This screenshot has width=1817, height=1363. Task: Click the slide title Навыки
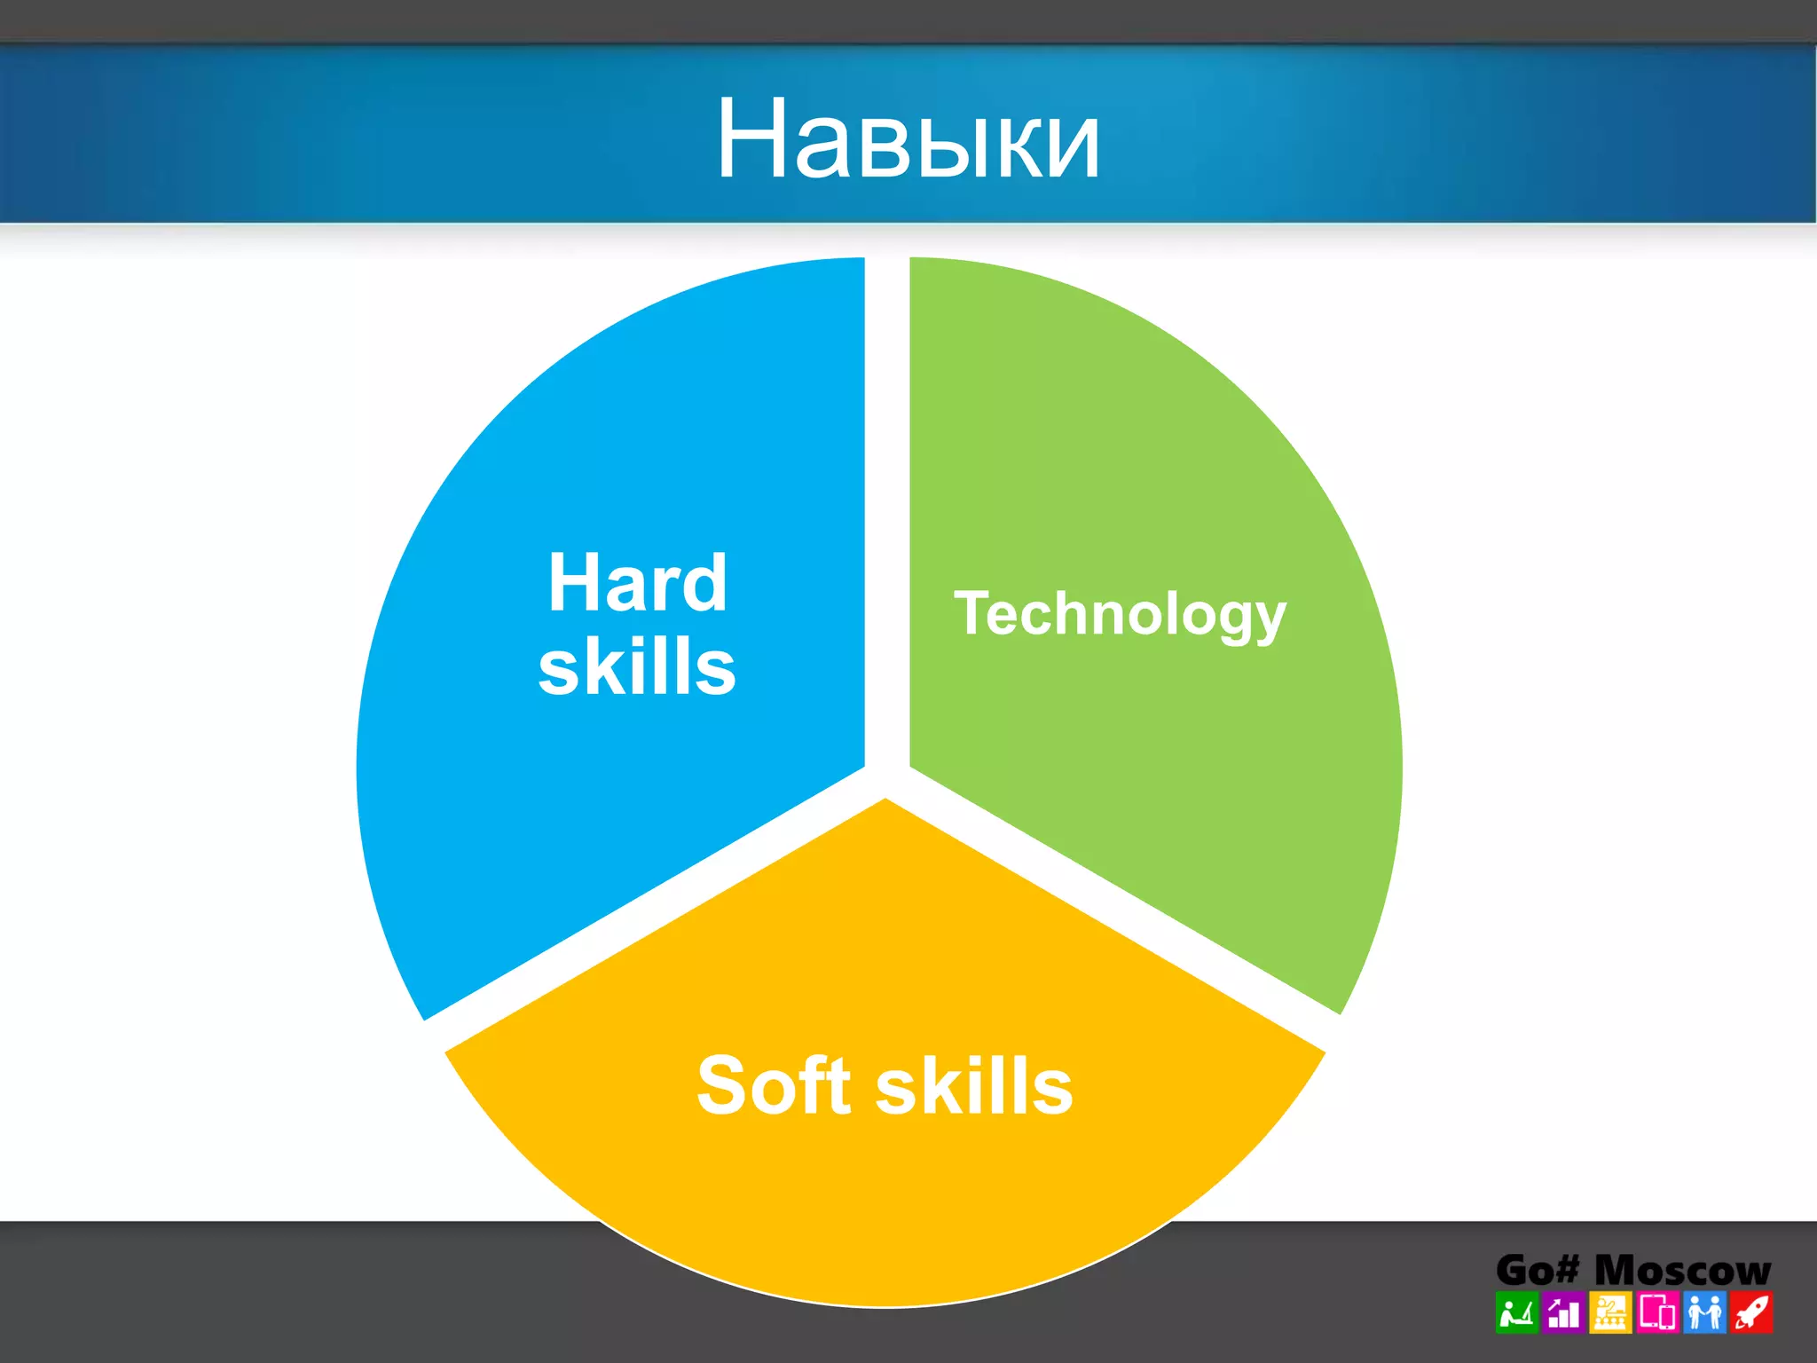click(x=908, y=140)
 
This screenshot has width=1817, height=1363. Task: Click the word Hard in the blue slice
click(x=637, y=583)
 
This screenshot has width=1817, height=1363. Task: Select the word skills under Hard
click(x=637, y=666)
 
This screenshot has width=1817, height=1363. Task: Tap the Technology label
click(x=1120, y=614)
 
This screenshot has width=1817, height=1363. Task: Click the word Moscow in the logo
click(x=1682, y=1271)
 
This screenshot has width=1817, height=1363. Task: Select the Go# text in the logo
click(x=1537, y=1271)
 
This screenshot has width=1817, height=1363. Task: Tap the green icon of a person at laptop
click(x=1516, y=1313)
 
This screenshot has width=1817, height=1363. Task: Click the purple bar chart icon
click(x=1563, y=1313)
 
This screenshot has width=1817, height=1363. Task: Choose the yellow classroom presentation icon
click(x=1610, y=1313)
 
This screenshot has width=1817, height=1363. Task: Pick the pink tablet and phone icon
click(x=1657, y=1313)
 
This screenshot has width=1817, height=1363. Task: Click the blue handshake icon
click(x=1704, y=1313)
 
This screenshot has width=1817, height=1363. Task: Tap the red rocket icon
click(x=1751, y=1313)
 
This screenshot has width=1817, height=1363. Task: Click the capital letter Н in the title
click(x=752, y=140)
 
